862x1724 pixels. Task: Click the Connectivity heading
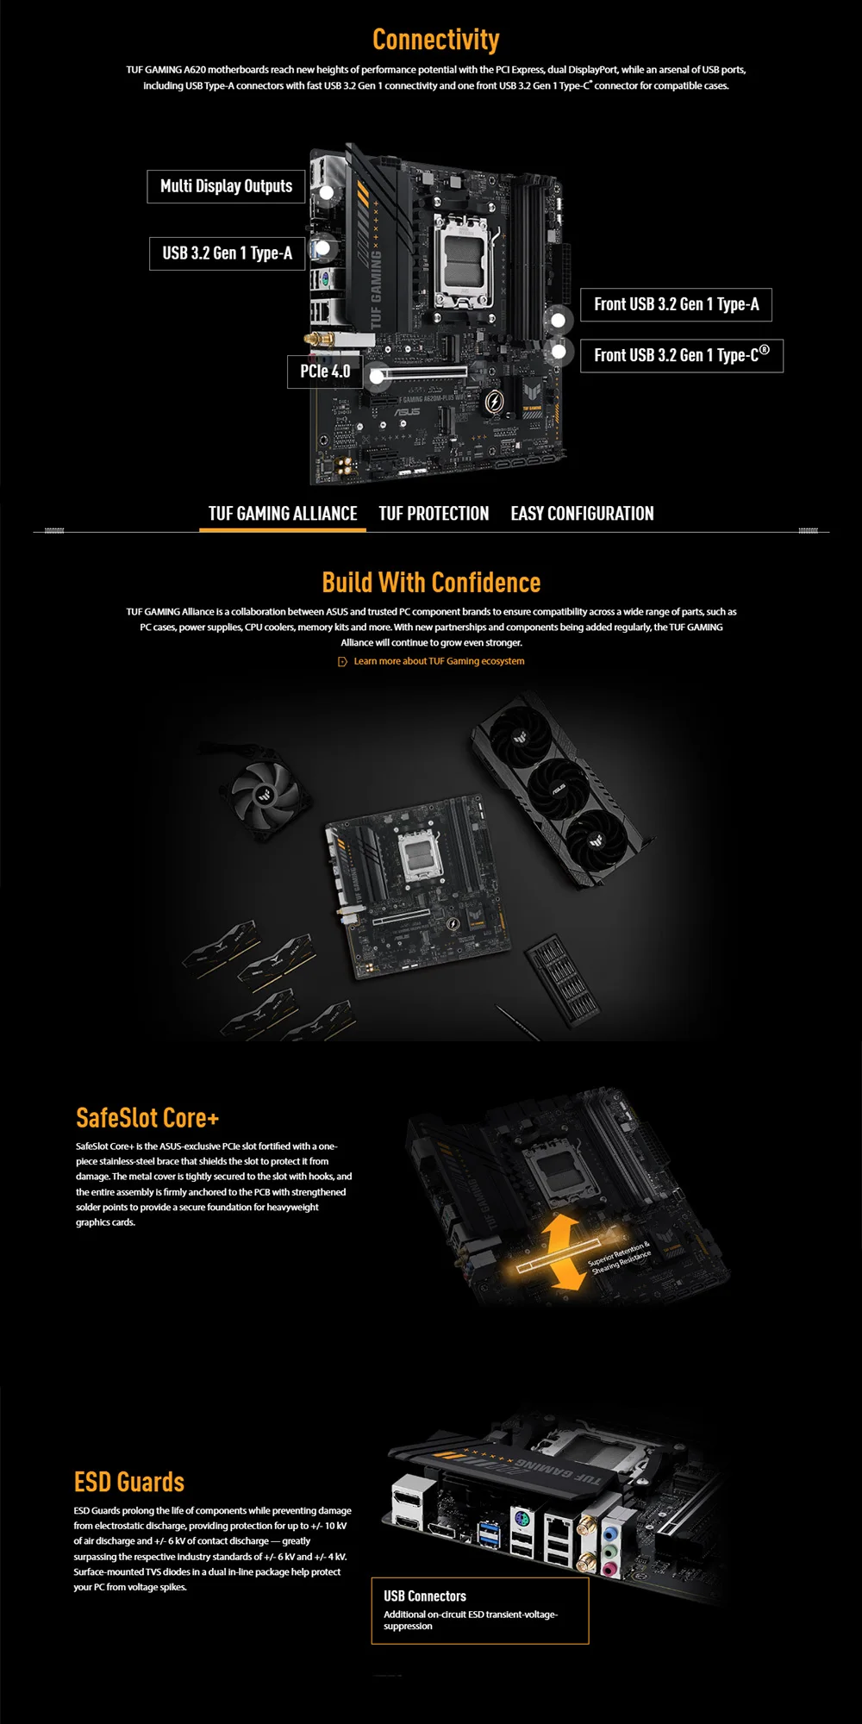point(435,40)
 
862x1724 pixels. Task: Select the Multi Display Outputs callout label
point(227,186)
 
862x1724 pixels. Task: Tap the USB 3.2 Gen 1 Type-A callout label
point(228,253)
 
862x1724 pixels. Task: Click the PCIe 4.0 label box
point(325,372)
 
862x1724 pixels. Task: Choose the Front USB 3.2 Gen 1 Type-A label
point(676,304)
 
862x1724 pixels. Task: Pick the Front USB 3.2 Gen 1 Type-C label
point(682,355)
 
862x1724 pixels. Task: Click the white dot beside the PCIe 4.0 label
point(377,376)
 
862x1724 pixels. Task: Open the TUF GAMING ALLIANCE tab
point(283,514)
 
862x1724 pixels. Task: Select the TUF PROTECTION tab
point(434,514)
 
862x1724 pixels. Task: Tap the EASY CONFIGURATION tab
point(582,514)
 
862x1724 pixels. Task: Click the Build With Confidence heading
point(431,583)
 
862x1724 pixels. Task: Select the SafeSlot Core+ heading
point(147,1118)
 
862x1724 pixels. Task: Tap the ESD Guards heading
point(129,1482)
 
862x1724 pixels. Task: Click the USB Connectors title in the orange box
point(425,1596)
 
